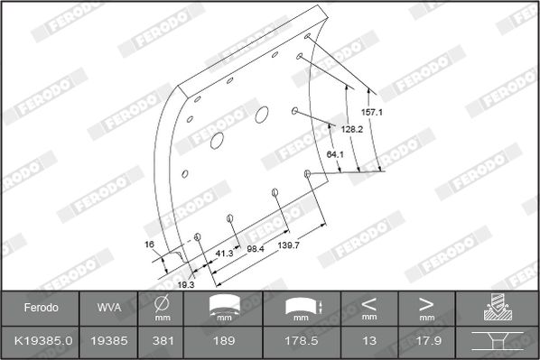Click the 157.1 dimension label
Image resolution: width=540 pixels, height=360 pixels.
coord(372,112)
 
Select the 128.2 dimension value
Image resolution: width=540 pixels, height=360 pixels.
coord(352,129)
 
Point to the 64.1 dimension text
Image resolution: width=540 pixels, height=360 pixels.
coord(335,154)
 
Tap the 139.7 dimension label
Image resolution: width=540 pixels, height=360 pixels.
coord(289,245)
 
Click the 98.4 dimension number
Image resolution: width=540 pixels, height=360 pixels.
coord(256,249)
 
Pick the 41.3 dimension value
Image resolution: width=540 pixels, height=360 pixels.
coord(224,254)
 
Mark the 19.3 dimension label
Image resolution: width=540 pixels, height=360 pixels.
coord(186,284)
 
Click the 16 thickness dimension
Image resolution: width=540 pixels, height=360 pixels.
coord(149,245)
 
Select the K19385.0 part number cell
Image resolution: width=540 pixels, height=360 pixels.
coord(43,341)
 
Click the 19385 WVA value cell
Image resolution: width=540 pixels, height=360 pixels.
coord(109,341)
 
